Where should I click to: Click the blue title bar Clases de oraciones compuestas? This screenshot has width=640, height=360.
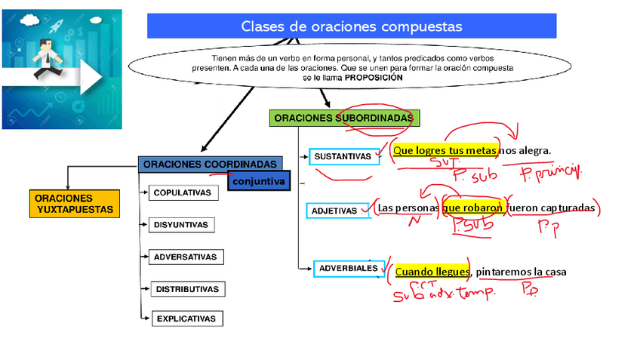(x=351, y=26)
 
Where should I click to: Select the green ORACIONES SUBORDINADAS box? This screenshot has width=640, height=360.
(x=343, y=118)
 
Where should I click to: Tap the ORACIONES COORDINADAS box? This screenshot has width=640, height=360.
(x=210, y=164)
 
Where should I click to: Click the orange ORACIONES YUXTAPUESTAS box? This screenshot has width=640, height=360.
(x=74, y=204)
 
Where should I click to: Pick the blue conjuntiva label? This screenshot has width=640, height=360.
(x=258, y=182)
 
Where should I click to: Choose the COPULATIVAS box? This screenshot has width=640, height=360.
(x=183, y=192)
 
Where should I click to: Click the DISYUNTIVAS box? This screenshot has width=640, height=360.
(x=183, y=225)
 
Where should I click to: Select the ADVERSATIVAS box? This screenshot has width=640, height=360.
(x=185, y=257)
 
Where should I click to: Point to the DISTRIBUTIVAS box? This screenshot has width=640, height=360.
(x=186, y=289)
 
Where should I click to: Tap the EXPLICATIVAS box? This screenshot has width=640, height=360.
(x=186, y=318)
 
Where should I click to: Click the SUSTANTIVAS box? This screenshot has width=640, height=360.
(x=343, y=157)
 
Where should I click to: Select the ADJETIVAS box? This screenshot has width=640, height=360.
(x=334, y=211)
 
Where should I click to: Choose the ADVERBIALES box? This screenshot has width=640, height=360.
(x=348, y=268)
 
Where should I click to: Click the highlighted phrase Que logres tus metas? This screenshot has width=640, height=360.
(x=444, y=150)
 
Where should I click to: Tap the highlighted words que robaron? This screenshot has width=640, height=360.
(x=472, y=208)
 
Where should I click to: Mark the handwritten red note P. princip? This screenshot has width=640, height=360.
(x=552, y=173)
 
